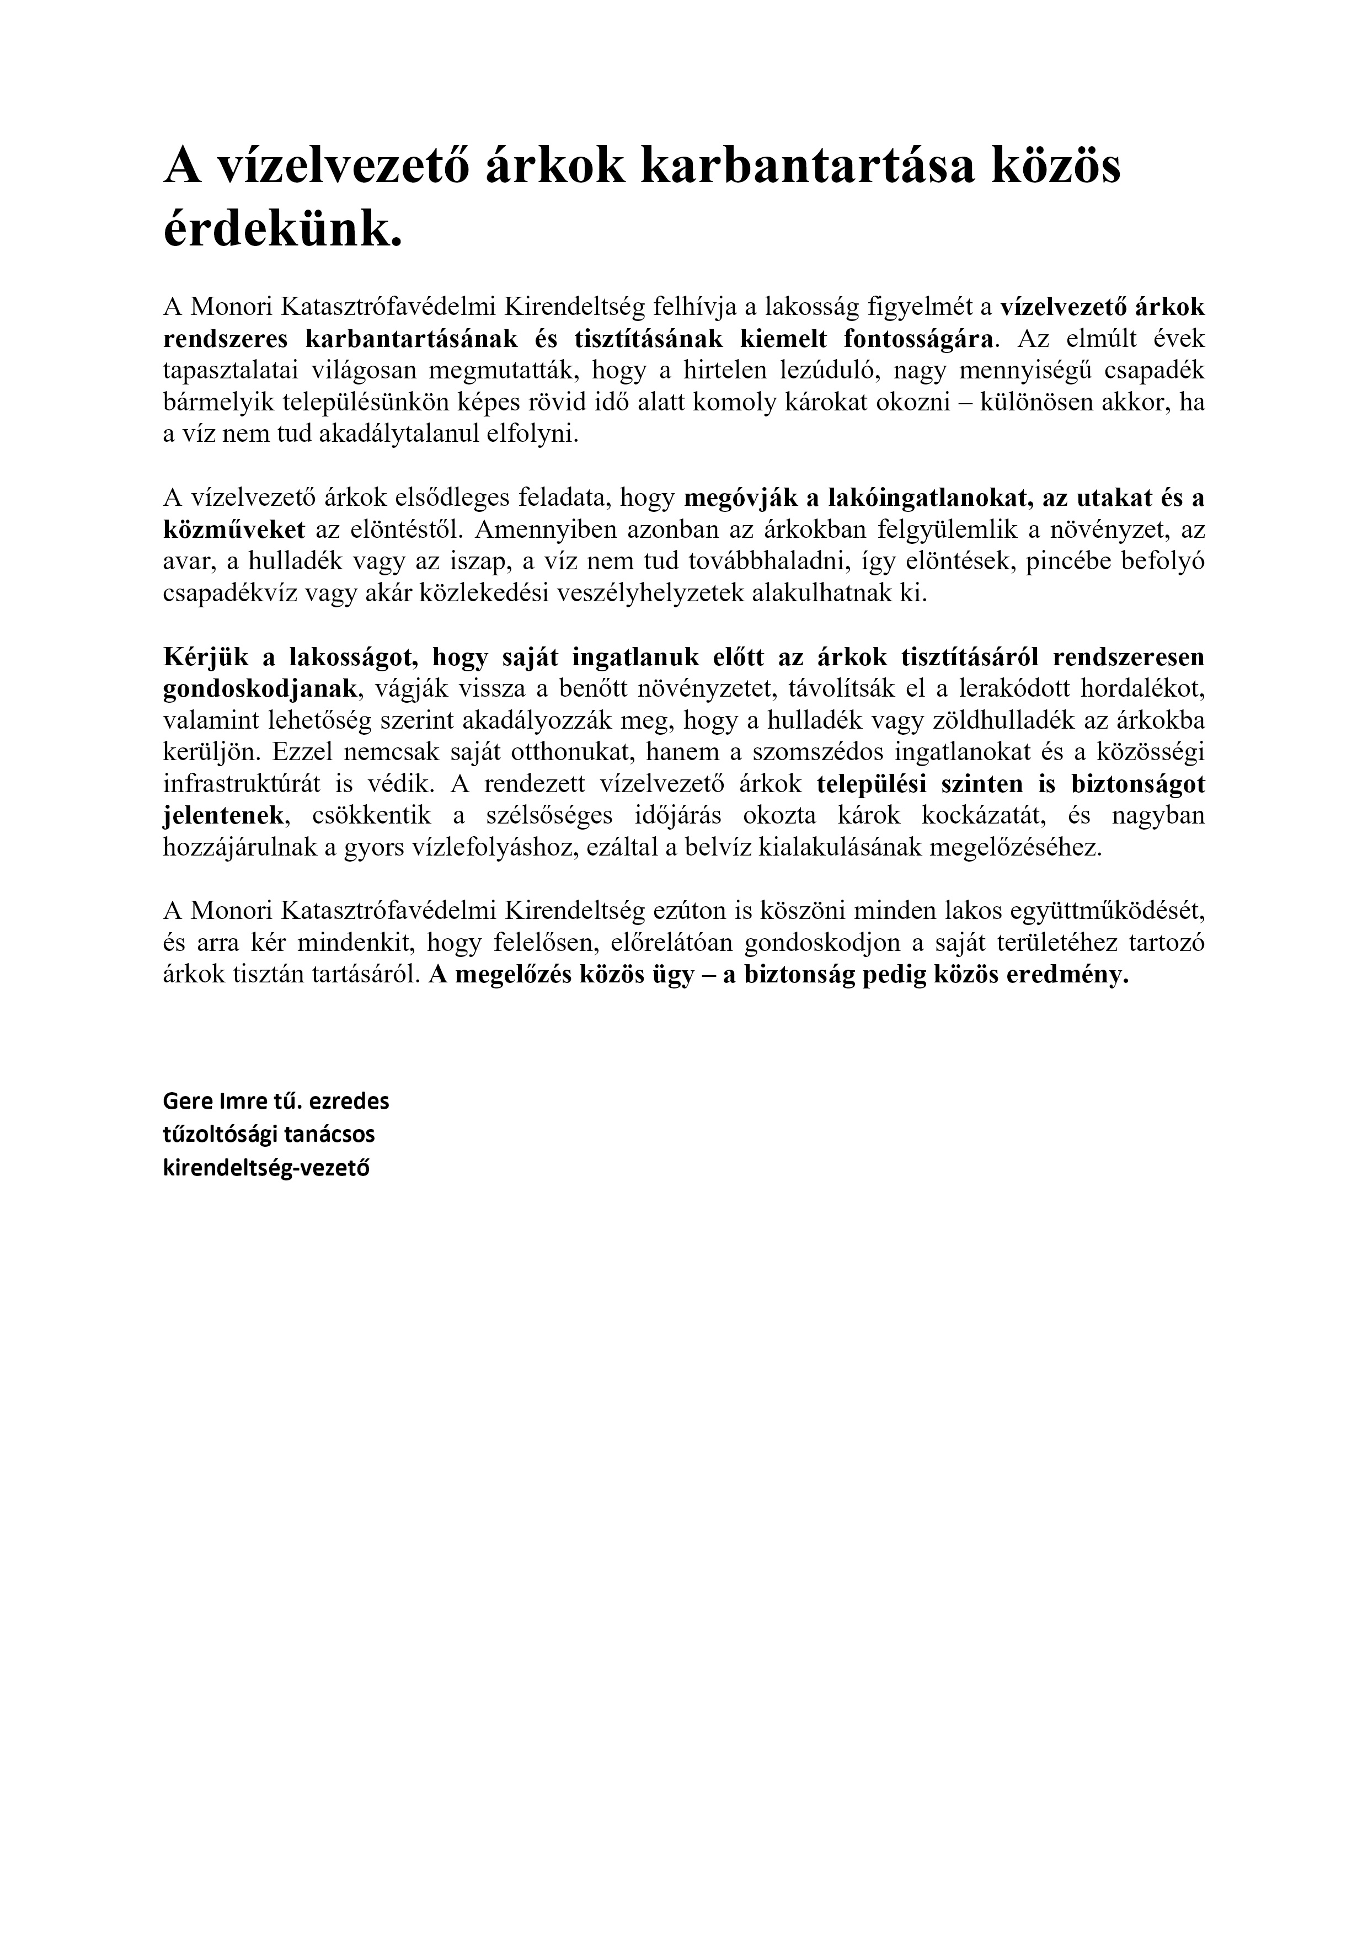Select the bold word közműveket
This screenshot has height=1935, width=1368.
(x=233, y=530)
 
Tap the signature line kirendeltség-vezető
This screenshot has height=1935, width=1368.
(x=266, y=1170)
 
